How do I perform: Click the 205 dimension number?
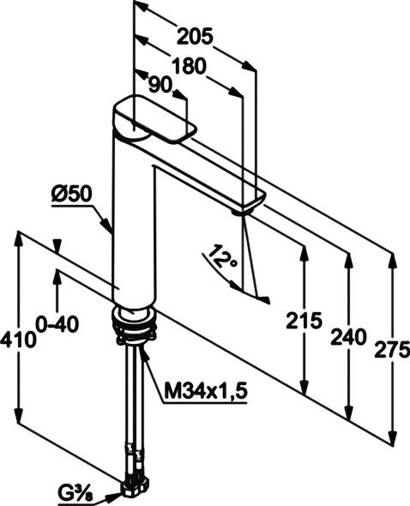(x=195, y=37)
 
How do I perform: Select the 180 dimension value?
(x=189, y=66)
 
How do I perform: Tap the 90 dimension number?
(x=160, y=86)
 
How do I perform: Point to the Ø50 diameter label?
(x=72, y=195)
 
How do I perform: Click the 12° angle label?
(x=223, y=256)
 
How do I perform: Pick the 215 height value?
(x=304, y=321)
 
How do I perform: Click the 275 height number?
(x=392, y=350)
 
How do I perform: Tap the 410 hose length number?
(x=18, y=340)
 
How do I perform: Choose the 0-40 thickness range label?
(x=57, y=324)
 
